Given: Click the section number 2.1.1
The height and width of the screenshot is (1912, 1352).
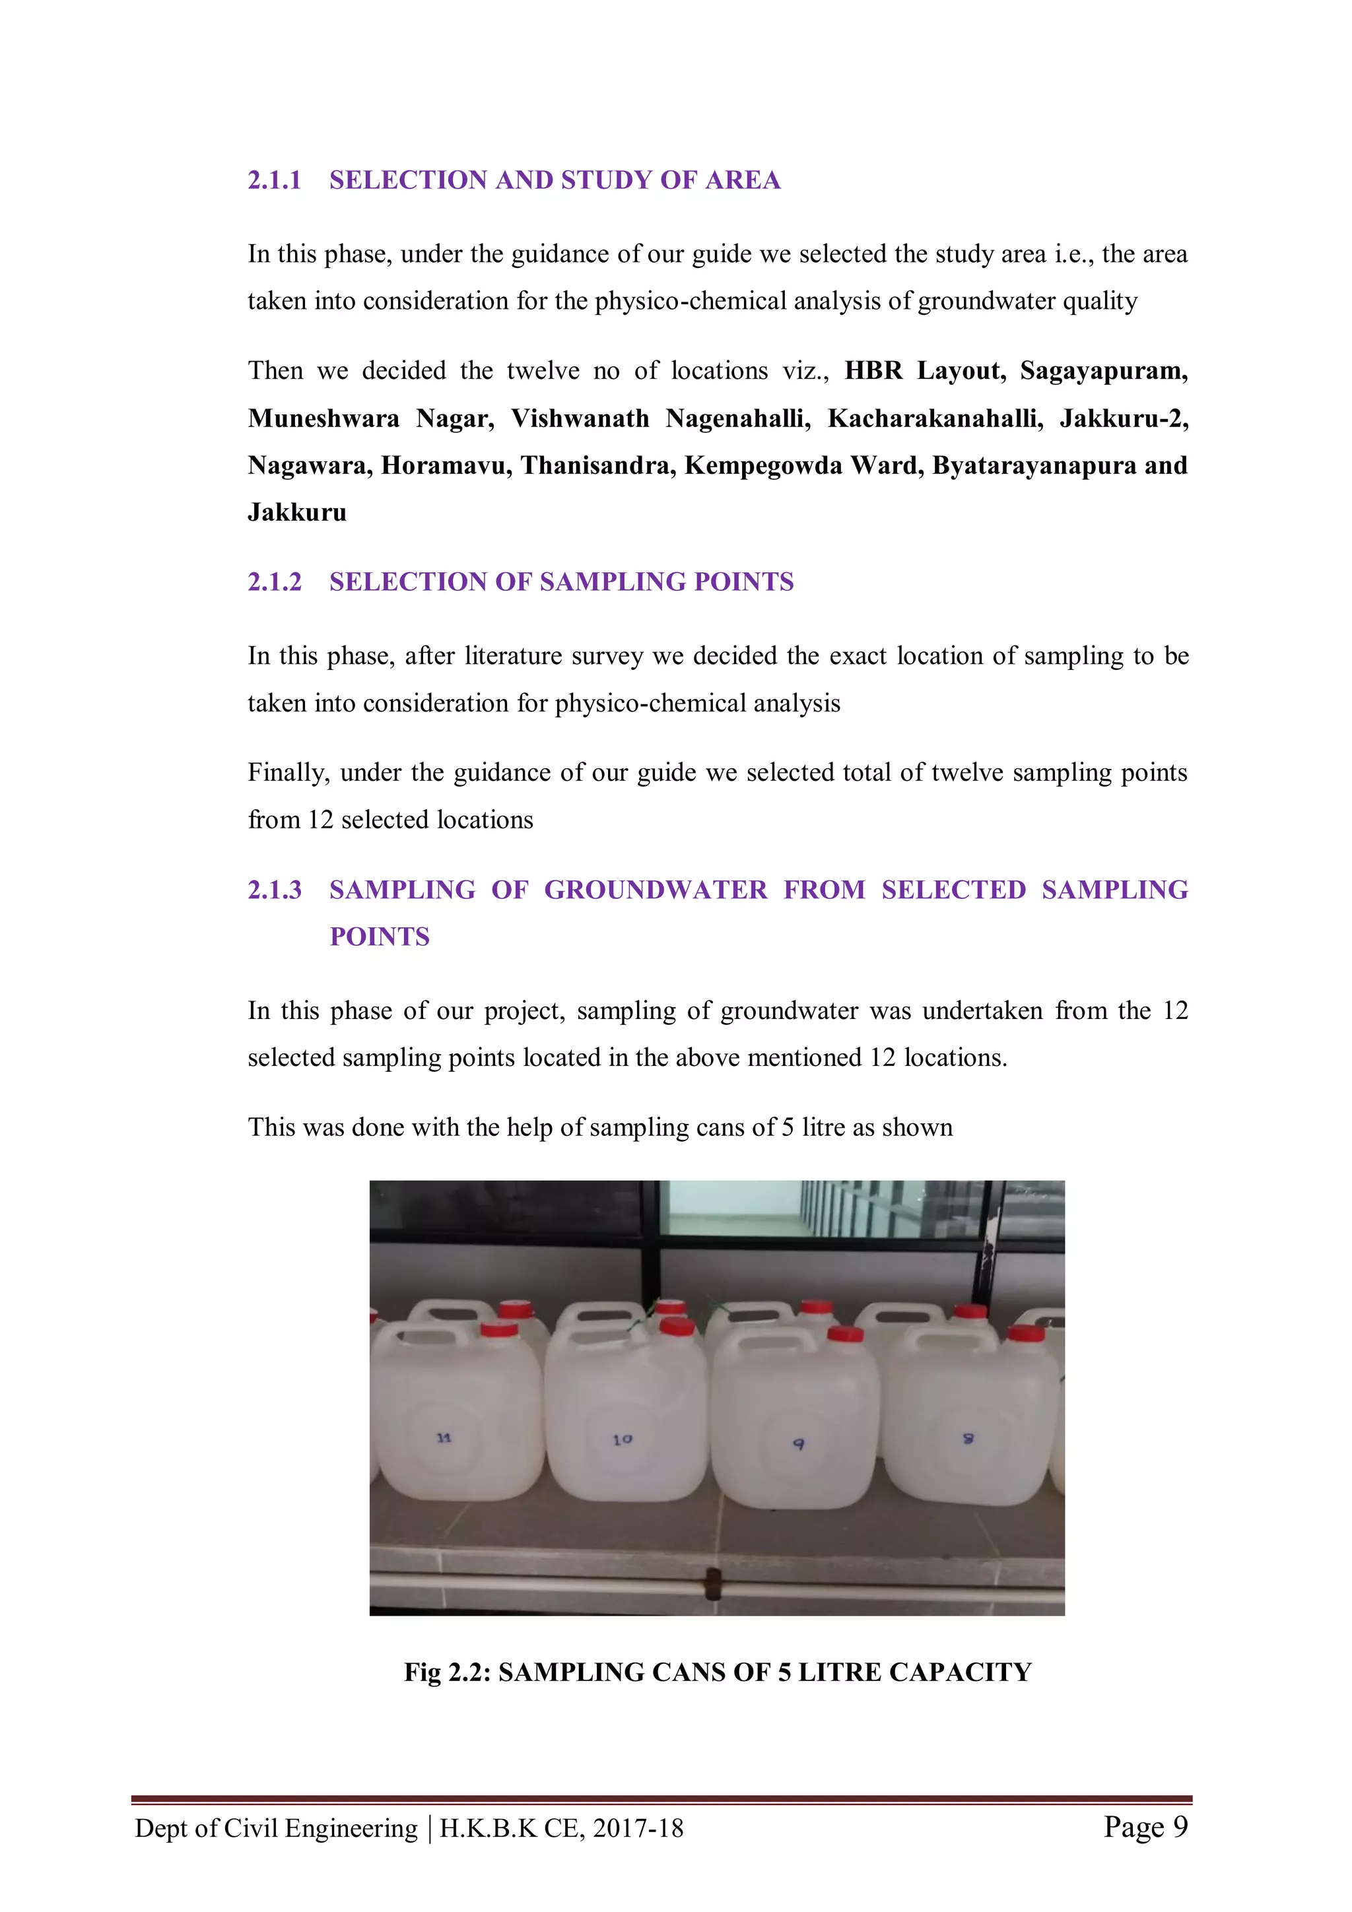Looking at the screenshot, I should (x=274, y=180).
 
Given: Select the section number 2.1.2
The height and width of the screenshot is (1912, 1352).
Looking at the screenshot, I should (x=274, y=582).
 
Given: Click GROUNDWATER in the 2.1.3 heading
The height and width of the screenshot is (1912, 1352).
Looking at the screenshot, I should (x=656, y=890).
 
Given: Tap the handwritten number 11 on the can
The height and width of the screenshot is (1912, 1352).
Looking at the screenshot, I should (x=444, y=1438).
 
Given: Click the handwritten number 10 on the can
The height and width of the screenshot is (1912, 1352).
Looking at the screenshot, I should (x=623, y=1439).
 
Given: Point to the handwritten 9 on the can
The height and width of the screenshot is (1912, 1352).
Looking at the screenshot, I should (x=798, y=1444).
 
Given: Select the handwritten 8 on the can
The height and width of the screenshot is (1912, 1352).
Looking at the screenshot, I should (x=968, y=1438).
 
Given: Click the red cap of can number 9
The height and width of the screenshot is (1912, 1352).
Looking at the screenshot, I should (x=846, y=1334).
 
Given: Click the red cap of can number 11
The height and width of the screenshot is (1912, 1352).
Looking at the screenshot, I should (x=499, y=1329).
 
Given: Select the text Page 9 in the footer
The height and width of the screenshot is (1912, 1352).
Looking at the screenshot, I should (x=1145, y=1827).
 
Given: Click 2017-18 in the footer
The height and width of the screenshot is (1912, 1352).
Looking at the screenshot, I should (x=638, y=1829).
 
